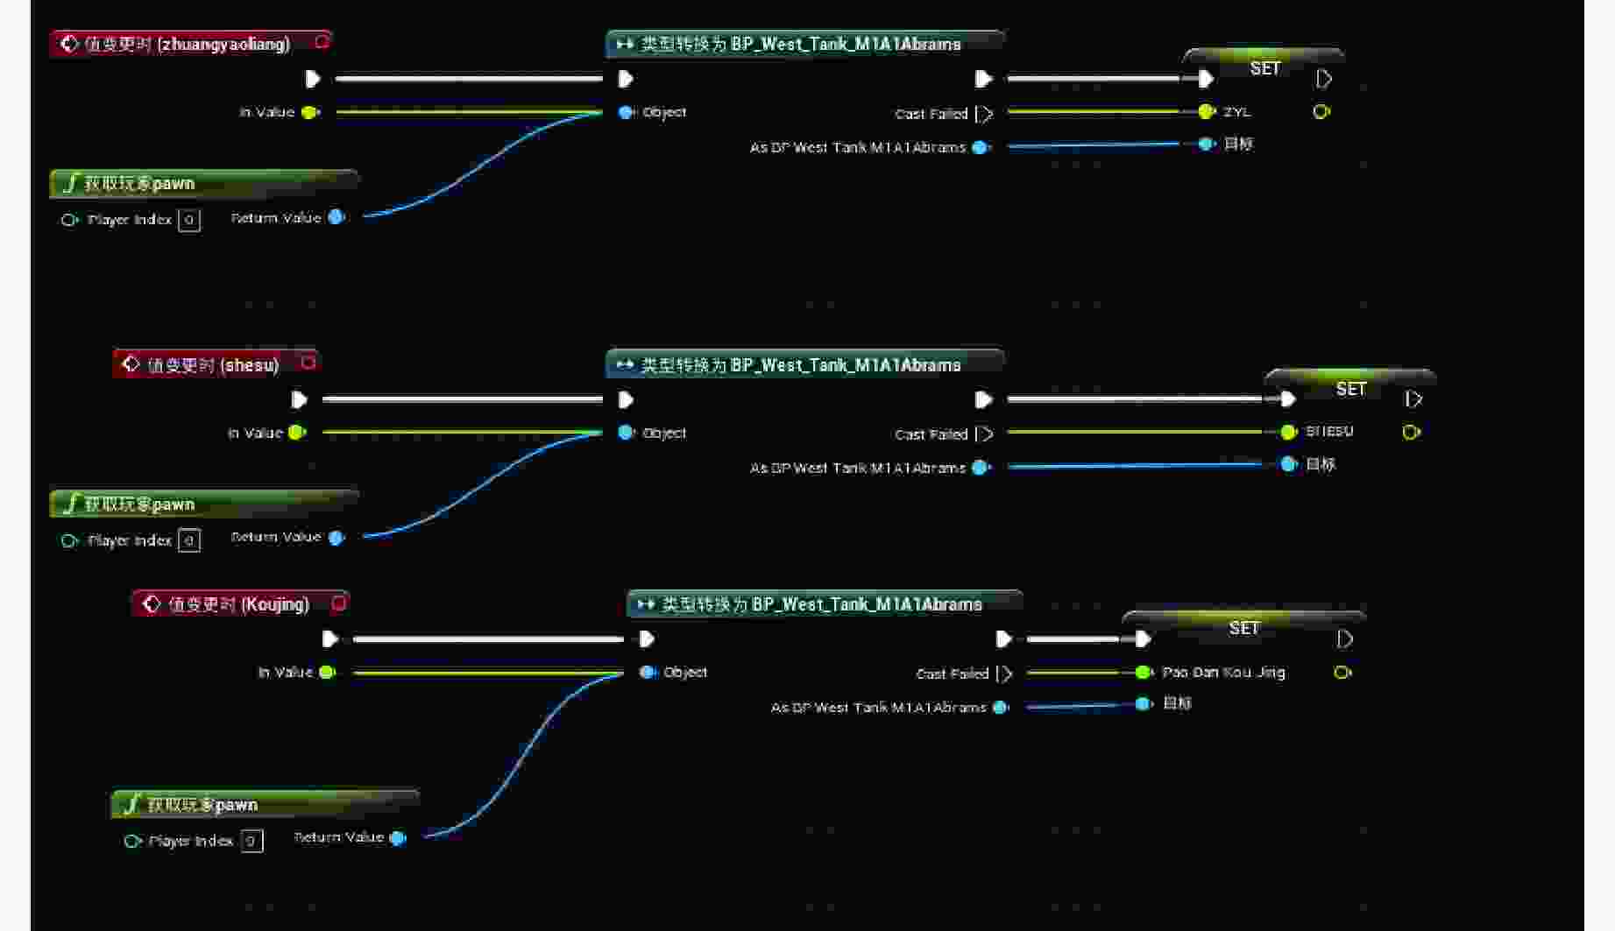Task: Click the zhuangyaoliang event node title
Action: click(x=187, y=44)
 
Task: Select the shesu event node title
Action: click(x=212, y=364)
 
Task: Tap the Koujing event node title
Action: click(x=238, y=604)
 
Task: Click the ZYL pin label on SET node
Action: click(x=1236, y=112)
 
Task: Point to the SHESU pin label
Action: click(x=1328, y=432)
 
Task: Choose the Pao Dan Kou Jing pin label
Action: click(x=1222, y=673)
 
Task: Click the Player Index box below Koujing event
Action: click(x=251, y=841)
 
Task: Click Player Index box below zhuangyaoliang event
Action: click(x=188, y=220)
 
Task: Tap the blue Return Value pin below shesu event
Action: click(x=336, y=538)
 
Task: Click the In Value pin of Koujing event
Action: click(x=327, y=673)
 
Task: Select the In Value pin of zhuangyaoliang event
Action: click(x=309, y=112)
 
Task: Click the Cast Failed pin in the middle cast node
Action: click(x=985, y=434)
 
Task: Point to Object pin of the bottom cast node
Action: click(x=648, y=673)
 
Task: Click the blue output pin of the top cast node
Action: click(x=981, y=148)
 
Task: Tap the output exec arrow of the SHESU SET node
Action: click(x=1413, y=399)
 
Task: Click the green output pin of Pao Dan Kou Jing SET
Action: click(x=1342, y=673)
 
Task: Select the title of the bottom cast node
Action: click(x=821, y=604)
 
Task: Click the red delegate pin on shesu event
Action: click(x=308, y=362)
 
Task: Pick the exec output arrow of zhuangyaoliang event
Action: click(x=313, y=79)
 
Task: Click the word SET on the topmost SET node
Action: click(x=1264, y=68)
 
